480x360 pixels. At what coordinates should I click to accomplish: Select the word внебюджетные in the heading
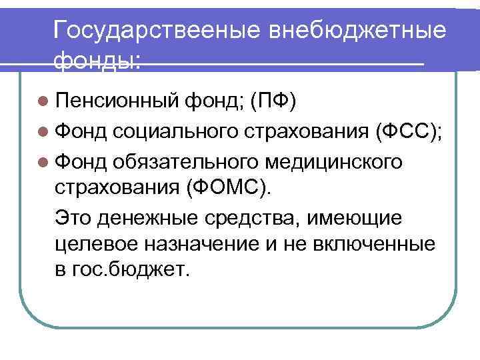pos(357,31)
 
